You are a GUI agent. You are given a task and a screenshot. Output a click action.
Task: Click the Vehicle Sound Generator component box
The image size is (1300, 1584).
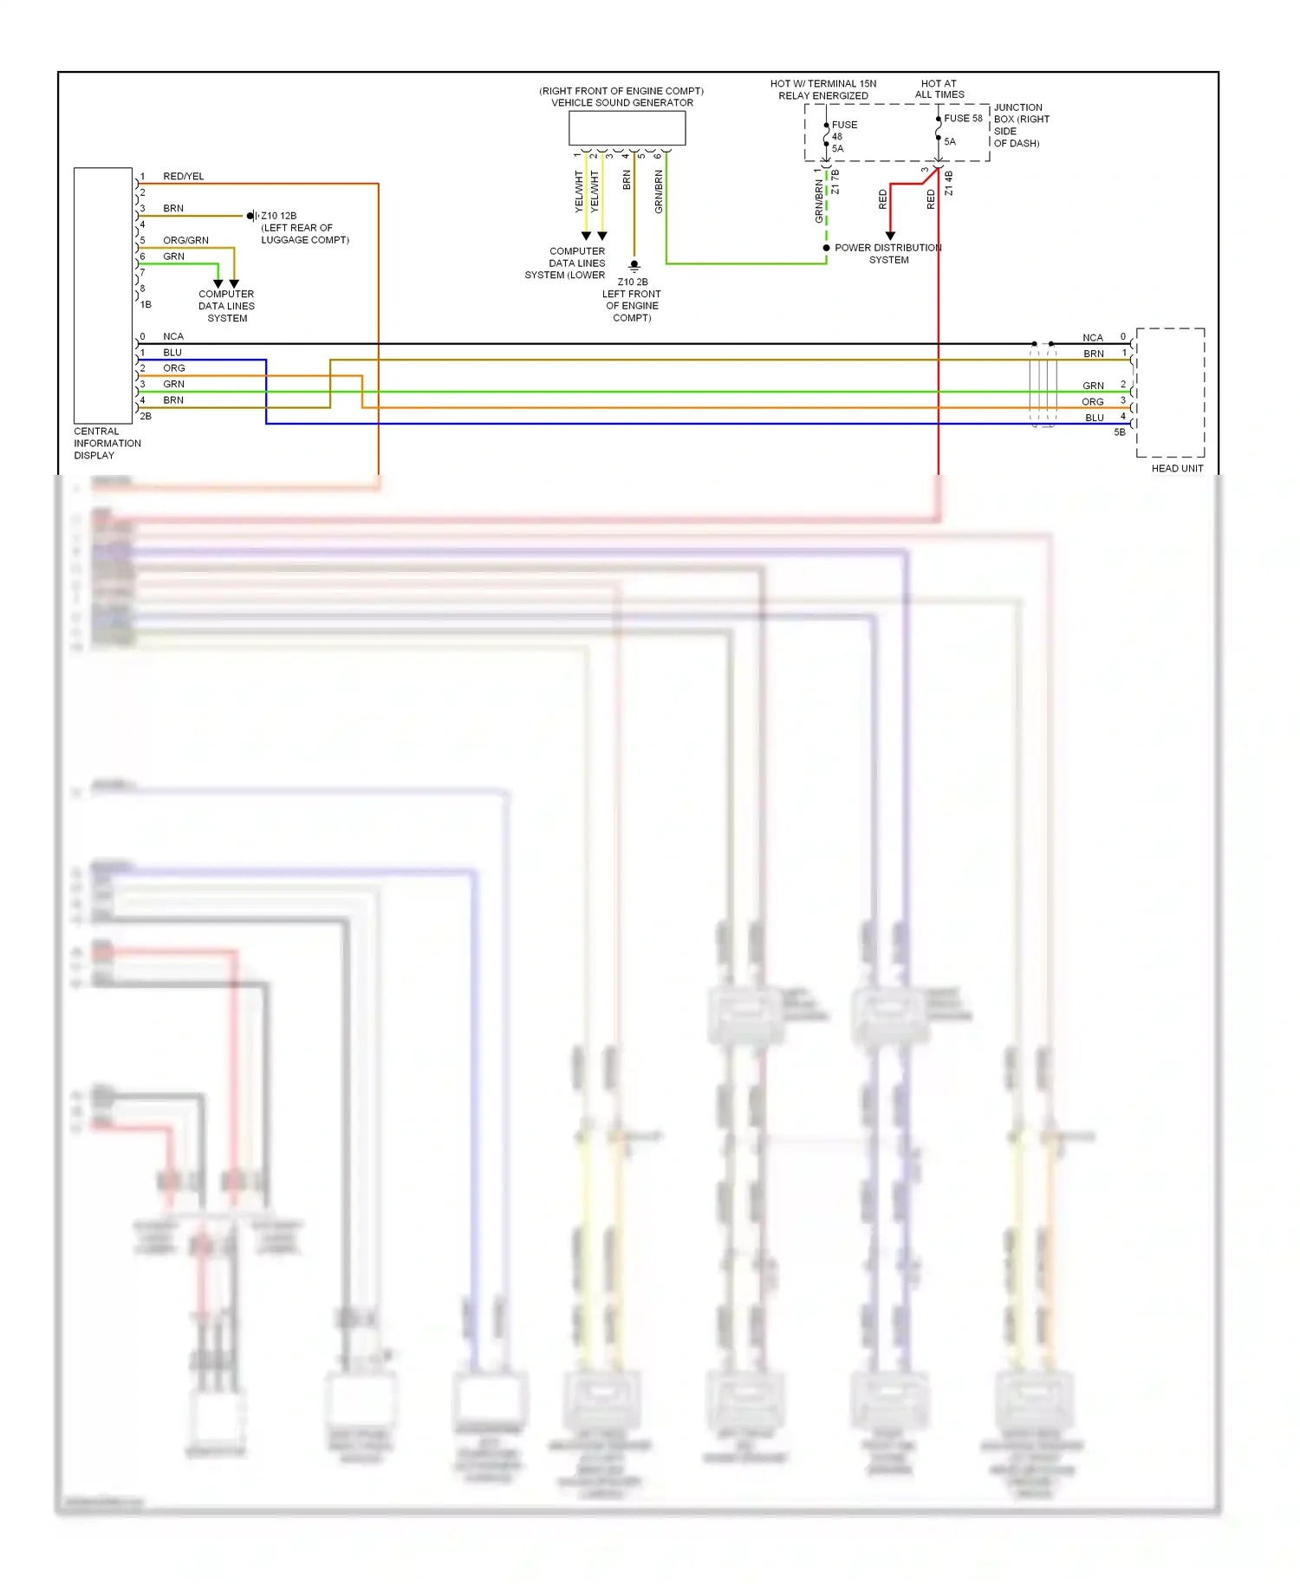pyautogui.click(x=627, y=128)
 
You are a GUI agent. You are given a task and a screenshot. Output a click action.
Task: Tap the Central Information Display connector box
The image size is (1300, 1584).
pyautogui.click(x=102, y=295)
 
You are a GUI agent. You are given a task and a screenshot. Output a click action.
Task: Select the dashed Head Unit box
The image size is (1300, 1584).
pyautogui.click(x=1170, y=392)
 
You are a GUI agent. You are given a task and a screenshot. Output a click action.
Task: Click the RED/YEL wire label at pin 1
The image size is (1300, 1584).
pyautogui.click(x=184, y=177)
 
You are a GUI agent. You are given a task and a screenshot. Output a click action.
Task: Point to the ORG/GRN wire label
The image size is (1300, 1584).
pyautogui.click(x=185, y=241)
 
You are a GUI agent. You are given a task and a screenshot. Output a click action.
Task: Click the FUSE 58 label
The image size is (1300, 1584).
pyautogui.click(x=963, y=119)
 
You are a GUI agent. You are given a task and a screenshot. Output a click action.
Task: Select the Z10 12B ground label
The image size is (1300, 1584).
pyautogui.click(x=279, y=216)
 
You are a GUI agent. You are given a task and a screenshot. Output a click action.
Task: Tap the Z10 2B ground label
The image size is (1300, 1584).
pyautogui.click(x=633, y=282)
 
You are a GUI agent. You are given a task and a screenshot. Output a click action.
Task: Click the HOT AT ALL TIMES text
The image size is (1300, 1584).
pyautogui.click(x=939, y=89)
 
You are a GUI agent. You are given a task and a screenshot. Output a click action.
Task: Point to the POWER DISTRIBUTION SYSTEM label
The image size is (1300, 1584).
pyautogui.click(x=888, y=254)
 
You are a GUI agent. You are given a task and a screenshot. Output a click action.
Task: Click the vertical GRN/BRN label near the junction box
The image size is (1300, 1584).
pyautogui.click(x=819, y=201)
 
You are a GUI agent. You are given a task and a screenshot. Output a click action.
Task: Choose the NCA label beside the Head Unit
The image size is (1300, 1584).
pyautogui.click(x=1093, y=338)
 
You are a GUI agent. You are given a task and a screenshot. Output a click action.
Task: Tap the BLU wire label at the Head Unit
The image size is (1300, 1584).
pyautogui.click(x=1095, y=418)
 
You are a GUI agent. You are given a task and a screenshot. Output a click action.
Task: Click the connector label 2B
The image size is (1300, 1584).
pyautogui.click(x=146, y=417)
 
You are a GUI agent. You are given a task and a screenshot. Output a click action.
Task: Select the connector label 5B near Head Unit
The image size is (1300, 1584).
pyautogui.click(x=1120, y=432)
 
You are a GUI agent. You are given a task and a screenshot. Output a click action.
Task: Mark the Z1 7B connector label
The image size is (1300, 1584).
pyautogui.click(x=835, y=182)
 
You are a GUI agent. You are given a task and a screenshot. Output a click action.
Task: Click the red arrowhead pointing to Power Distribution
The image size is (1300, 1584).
pyautogui.click(x=890, y=236)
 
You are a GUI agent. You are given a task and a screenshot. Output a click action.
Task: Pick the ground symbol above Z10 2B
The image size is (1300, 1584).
pyautogui.click(x=634, y=266)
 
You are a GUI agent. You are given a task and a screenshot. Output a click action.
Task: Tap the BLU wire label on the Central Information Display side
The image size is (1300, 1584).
pyautogui.click(x=172, y=353)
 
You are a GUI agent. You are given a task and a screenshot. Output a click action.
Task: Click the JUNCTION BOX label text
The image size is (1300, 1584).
pyautogui.click(x=1021, y=126)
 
